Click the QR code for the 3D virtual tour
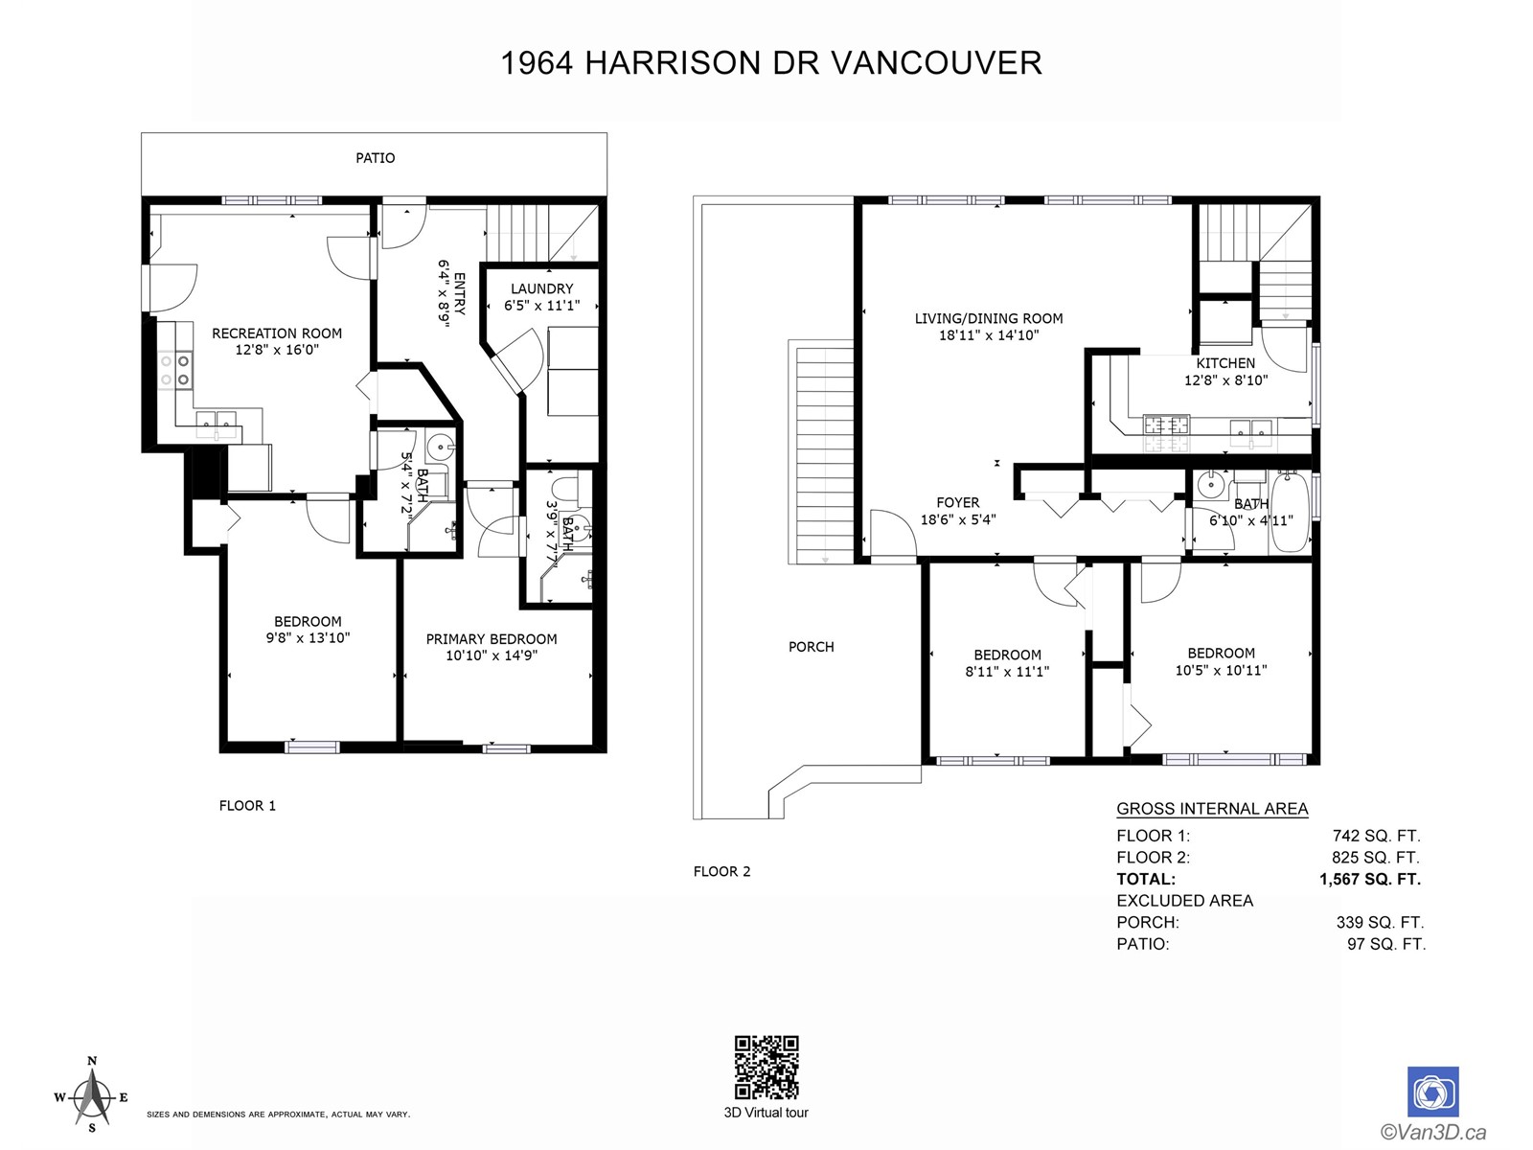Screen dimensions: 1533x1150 pyautogui.click(x=766, y=1067)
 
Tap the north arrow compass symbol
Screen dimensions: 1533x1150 pyautogui.click(x=91, y=1097)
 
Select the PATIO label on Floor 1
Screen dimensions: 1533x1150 pyautogui.click(x=375, y=158)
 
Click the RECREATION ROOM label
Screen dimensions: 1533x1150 pyautogui.click(x=277, y=333)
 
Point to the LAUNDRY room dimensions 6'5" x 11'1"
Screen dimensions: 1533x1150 pyautogui.click(x=542, y=305)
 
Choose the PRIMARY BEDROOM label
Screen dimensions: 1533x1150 pyautogui.click(x=492, y=639)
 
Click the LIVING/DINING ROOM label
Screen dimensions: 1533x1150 pyautogui.click(x=989, y=318)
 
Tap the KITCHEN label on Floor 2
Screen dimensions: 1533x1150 pyautogui.click(x=1225, y=363)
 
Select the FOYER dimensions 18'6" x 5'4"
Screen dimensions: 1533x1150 pyautogui.click(x=958, y=519)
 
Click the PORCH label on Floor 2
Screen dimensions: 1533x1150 pyautogui.click(x=812, y=647)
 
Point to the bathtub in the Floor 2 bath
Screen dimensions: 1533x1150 pyautogui.click(x=1289, y=512)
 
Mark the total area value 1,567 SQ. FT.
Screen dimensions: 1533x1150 pyautogui.click(x=1370, y=879)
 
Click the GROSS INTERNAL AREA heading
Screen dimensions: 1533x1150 pyautogui.click(x=1212, y=809)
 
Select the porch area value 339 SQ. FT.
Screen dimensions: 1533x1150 pyautogui.click(x=1380, y=922)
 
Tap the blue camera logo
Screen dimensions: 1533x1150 pyautogui.click(x=1433, y=1092)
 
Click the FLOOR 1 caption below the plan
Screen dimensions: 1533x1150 pyautogui.click(x=248, y=806)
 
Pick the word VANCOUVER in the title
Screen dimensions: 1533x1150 pyautogui.click(x=936, y=63)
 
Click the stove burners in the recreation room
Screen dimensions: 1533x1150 pyautogui.click(x=175, y=371)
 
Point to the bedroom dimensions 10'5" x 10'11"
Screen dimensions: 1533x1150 pyautogui.click(x=1222, y=670)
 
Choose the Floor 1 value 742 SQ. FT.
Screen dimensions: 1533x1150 pyautogui.click(x=1377, y=836)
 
